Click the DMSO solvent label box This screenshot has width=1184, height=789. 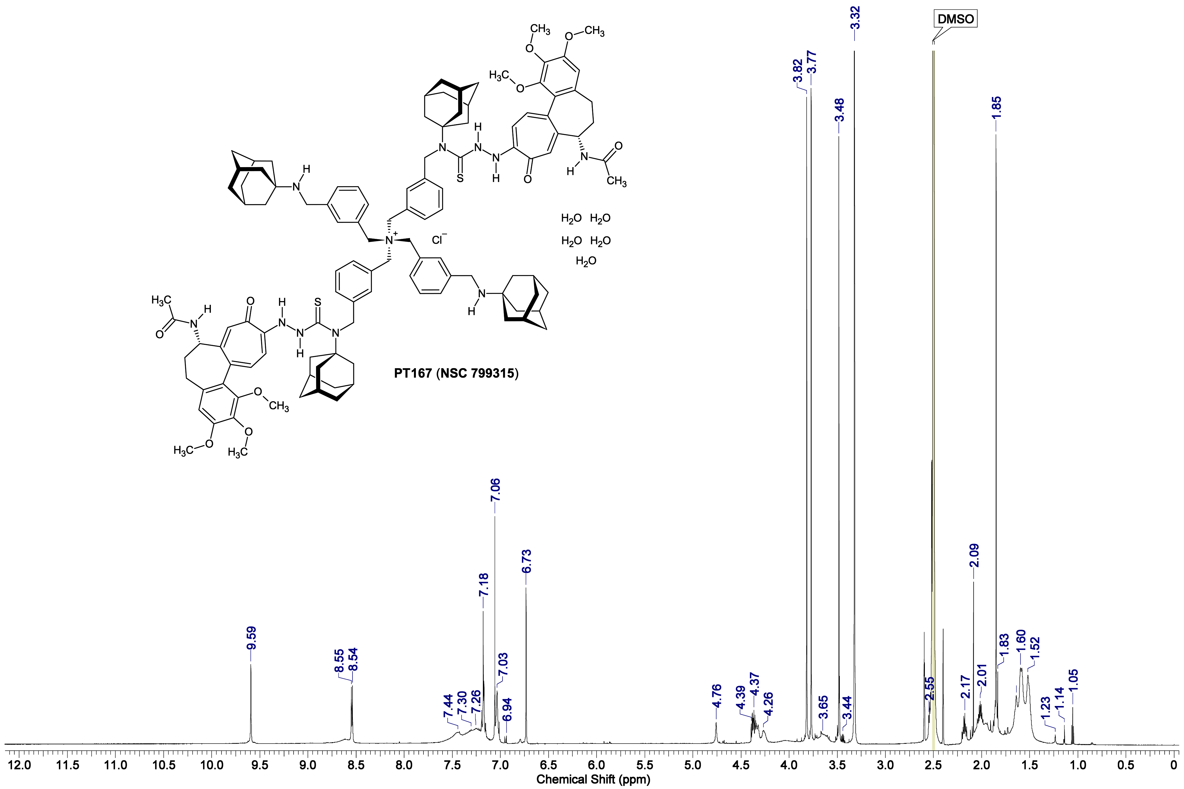955,19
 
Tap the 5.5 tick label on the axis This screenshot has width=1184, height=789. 645,766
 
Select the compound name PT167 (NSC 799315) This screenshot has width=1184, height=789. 456,373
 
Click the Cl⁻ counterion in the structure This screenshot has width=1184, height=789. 439,240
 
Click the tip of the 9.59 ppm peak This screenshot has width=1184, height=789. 251,665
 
